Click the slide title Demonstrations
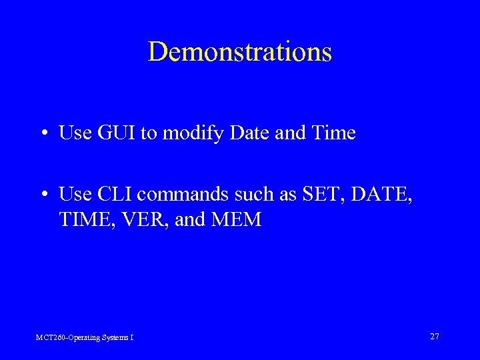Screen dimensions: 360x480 [239, 52]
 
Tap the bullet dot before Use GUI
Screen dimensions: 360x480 [43, 133]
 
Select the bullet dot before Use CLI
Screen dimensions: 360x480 [43, 195]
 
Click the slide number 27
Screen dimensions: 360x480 [434, 337]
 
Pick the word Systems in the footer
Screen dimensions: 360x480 [115, 338]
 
